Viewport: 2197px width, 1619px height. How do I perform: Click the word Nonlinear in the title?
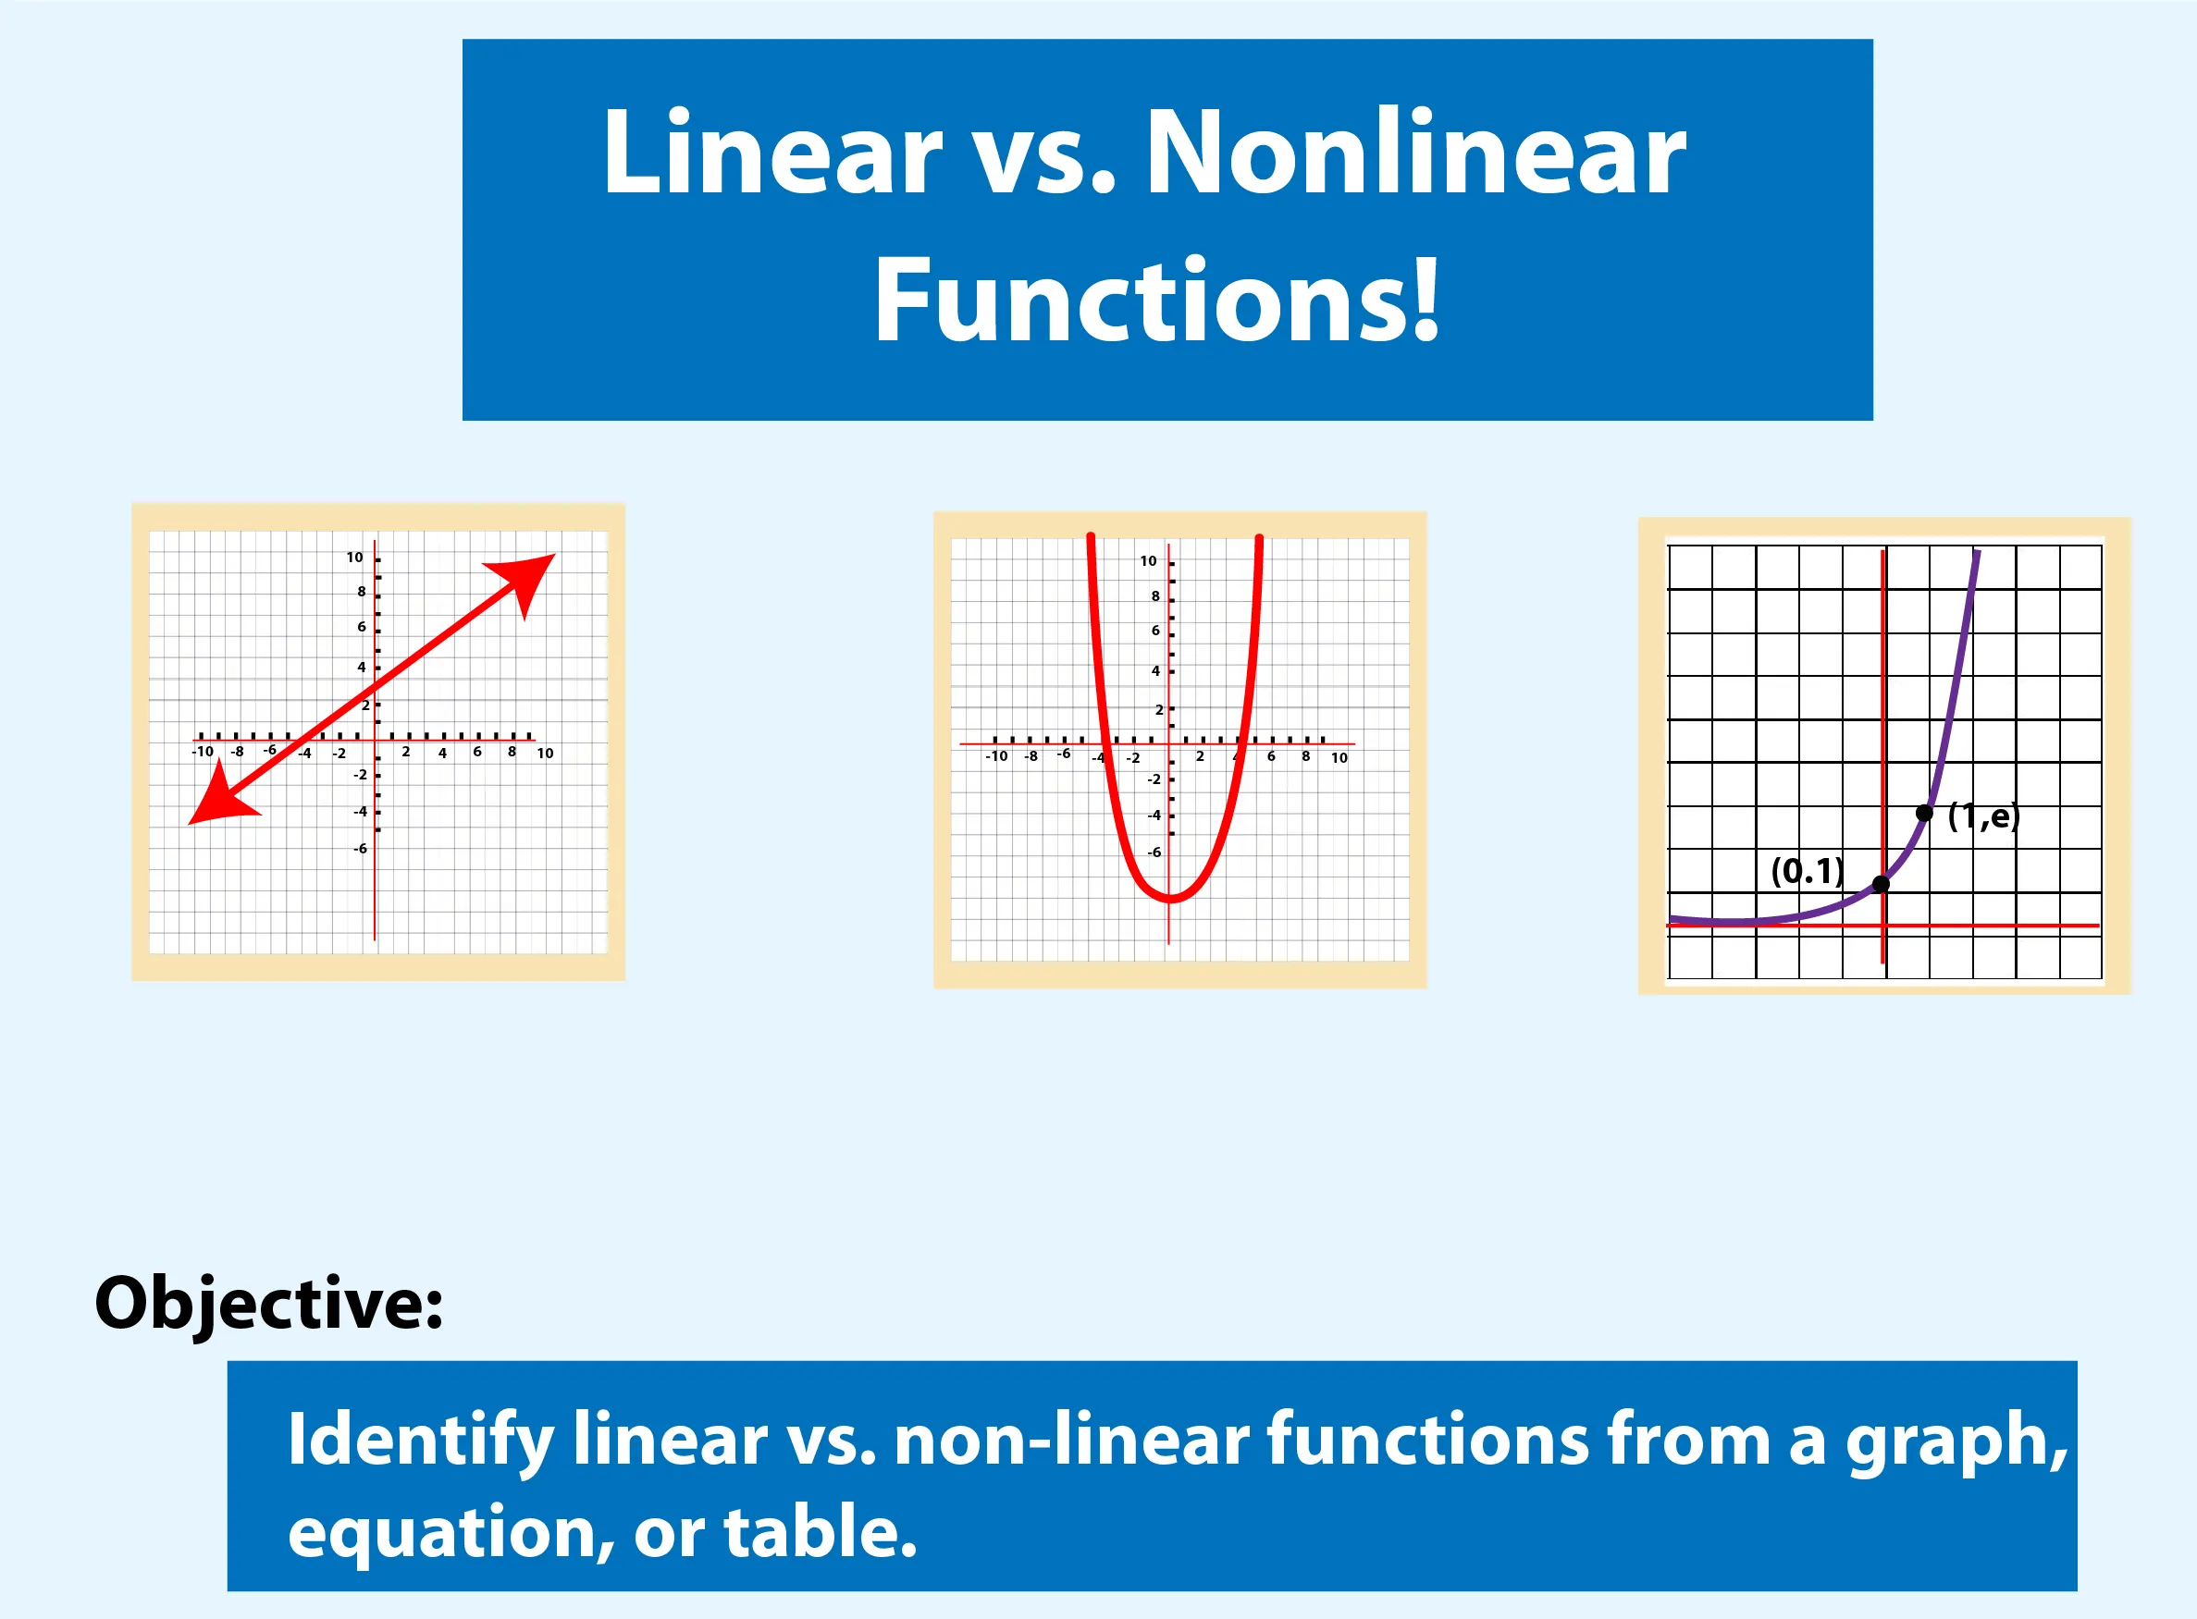point(1415,153)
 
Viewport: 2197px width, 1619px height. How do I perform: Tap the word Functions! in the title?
point(1157,298)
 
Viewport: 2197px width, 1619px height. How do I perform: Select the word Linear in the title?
point(772,153)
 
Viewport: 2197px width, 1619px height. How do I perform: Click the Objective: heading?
point(268,1306)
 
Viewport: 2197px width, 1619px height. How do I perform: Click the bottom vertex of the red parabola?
point(1170,898)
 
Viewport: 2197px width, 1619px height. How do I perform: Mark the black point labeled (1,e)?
point(1924,814)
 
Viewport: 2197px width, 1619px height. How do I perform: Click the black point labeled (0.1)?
point(1881,884)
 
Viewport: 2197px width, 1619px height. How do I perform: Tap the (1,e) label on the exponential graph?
point(1984,816)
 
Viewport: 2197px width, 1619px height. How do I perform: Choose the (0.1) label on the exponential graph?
point(1808,870)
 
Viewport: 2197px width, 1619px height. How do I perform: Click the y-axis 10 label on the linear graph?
point(355,557)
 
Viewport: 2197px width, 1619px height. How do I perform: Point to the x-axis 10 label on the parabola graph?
point(1339,757)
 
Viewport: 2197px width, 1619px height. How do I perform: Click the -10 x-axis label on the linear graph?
point(202,752)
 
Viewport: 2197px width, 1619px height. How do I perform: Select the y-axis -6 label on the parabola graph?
point(1154,852)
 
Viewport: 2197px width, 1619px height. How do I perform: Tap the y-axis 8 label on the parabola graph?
point(1155,595)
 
